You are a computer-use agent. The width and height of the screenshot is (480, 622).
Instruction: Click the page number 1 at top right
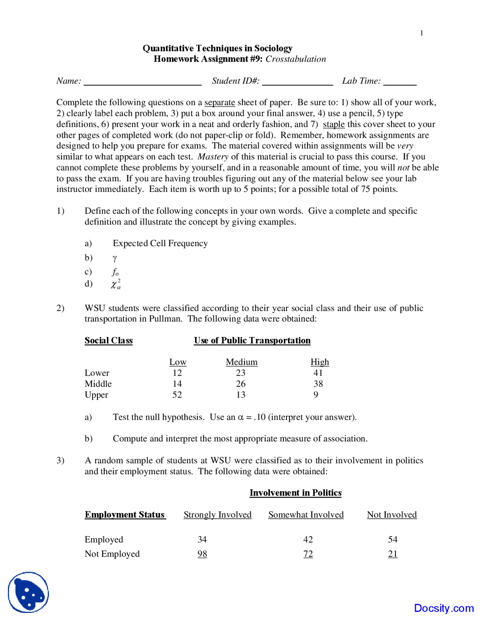(421, 33)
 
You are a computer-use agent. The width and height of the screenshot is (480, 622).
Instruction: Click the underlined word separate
(219, 103)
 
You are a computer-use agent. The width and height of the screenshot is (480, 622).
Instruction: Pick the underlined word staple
(333, 124)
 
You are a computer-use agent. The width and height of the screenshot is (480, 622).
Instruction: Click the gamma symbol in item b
(115, 258)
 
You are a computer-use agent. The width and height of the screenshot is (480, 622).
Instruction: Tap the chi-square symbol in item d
(115, 284)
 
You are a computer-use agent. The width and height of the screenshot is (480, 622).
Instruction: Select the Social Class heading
(108, 341)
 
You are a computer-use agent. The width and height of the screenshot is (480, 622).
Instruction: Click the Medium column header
(241, 362)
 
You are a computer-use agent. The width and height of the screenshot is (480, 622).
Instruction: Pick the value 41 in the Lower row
(318, 373)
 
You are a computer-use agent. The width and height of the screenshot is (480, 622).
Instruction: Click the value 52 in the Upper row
(177, 395)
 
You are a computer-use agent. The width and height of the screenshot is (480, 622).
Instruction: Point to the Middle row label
(98, 384)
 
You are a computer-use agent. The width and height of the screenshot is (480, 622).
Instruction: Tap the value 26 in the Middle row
(241, 384)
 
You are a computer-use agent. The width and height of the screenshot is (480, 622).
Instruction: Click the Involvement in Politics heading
(295, 493)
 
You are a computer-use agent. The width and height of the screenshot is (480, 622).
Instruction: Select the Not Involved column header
(391, 515)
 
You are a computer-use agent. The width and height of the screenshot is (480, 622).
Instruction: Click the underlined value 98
(202, 554)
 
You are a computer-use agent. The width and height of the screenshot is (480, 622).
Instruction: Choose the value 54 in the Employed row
(393, 540)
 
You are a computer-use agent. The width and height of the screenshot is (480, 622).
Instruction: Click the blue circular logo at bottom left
(28, 592)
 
